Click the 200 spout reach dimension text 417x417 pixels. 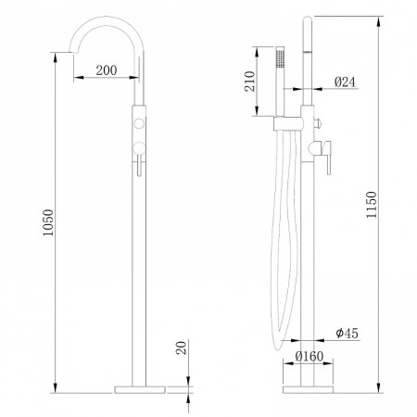pos(105,70)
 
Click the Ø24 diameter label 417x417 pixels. pos(345,81)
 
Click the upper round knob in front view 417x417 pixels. pos(140,123)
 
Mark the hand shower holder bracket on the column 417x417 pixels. pos(292,122)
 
